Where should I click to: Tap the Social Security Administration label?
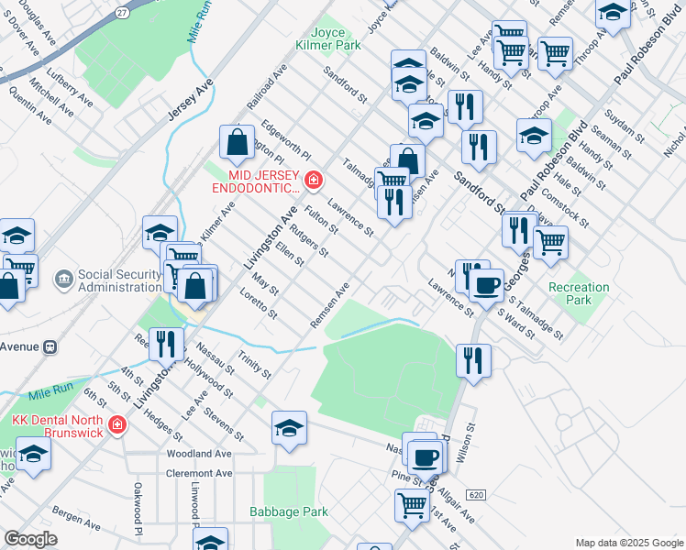(x=119, y=280)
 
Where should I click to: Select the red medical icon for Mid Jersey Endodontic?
(x=314, y=180)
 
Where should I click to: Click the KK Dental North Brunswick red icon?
(x=116, y=425)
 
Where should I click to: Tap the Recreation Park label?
(x=578, y=293)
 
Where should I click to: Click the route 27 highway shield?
(x=122, y=12)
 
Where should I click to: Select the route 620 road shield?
(x=474, y=494)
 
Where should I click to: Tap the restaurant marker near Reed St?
(x=165, y=345)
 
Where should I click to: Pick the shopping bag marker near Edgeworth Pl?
(x=237, y=143)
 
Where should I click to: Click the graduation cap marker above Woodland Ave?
(x=289, y=428)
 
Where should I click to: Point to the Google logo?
(x=30, y=539)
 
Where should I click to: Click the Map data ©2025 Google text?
(x=628, y=543)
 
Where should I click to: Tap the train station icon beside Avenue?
(x=50, y=347)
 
